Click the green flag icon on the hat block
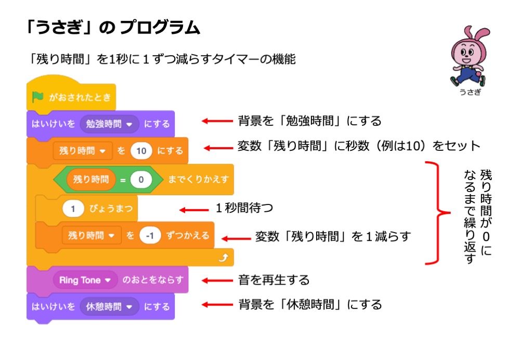click(x=38, y=97)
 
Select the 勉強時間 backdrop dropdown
click(x=109, y=124)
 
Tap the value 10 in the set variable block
click(x=140, y=151)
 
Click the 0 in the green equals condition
click(x=140, y=179)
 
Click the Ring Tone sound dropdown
click(x=85, y=280)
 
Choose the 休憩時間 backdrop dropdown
click(x=109, y=306)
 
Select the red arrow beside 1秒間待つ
click(x=194, y=210)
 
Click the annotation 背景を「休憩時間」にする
click(x=310, y=304)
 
